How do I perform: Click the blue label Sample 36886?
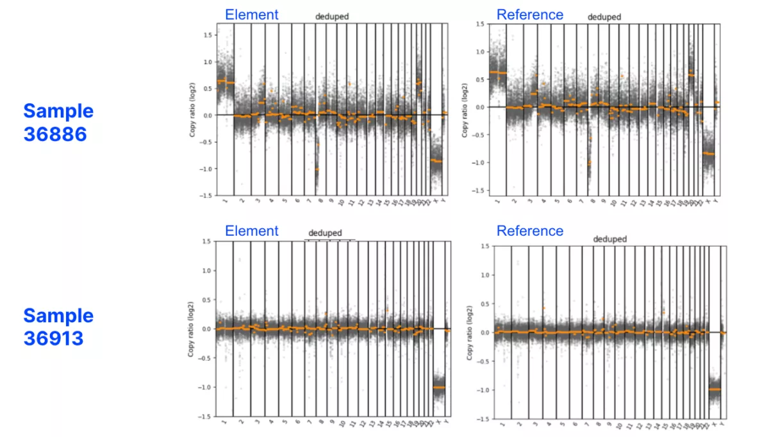(58, 122)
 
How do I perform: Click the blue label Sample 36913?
(58, 326)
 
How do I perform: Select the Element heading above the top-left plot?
(251, 14)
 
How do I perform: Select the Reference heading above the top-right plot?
(530, 14)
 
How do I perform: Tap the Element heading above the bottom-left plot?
(251, 231)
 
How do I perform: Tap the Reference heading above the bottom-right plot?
(530, 231)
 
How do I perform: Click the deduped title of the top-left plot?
(331, 17)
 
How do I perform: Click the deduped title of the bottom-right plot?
(609, 239)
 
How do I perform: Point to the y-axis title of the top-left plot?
(192, 109)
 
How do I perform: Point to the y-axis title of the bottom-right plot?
(470, 332)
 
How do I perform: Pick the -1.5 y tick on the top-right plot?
(477, 191)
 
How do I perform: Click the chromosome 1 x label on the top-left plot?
(225, 202)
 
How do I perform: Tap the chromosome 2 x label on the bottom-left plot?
(242, 424)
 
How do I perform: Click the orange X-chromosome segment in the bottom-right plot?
(713, 390)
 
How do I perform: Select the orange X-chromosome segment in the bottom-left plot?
(439, 387)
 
